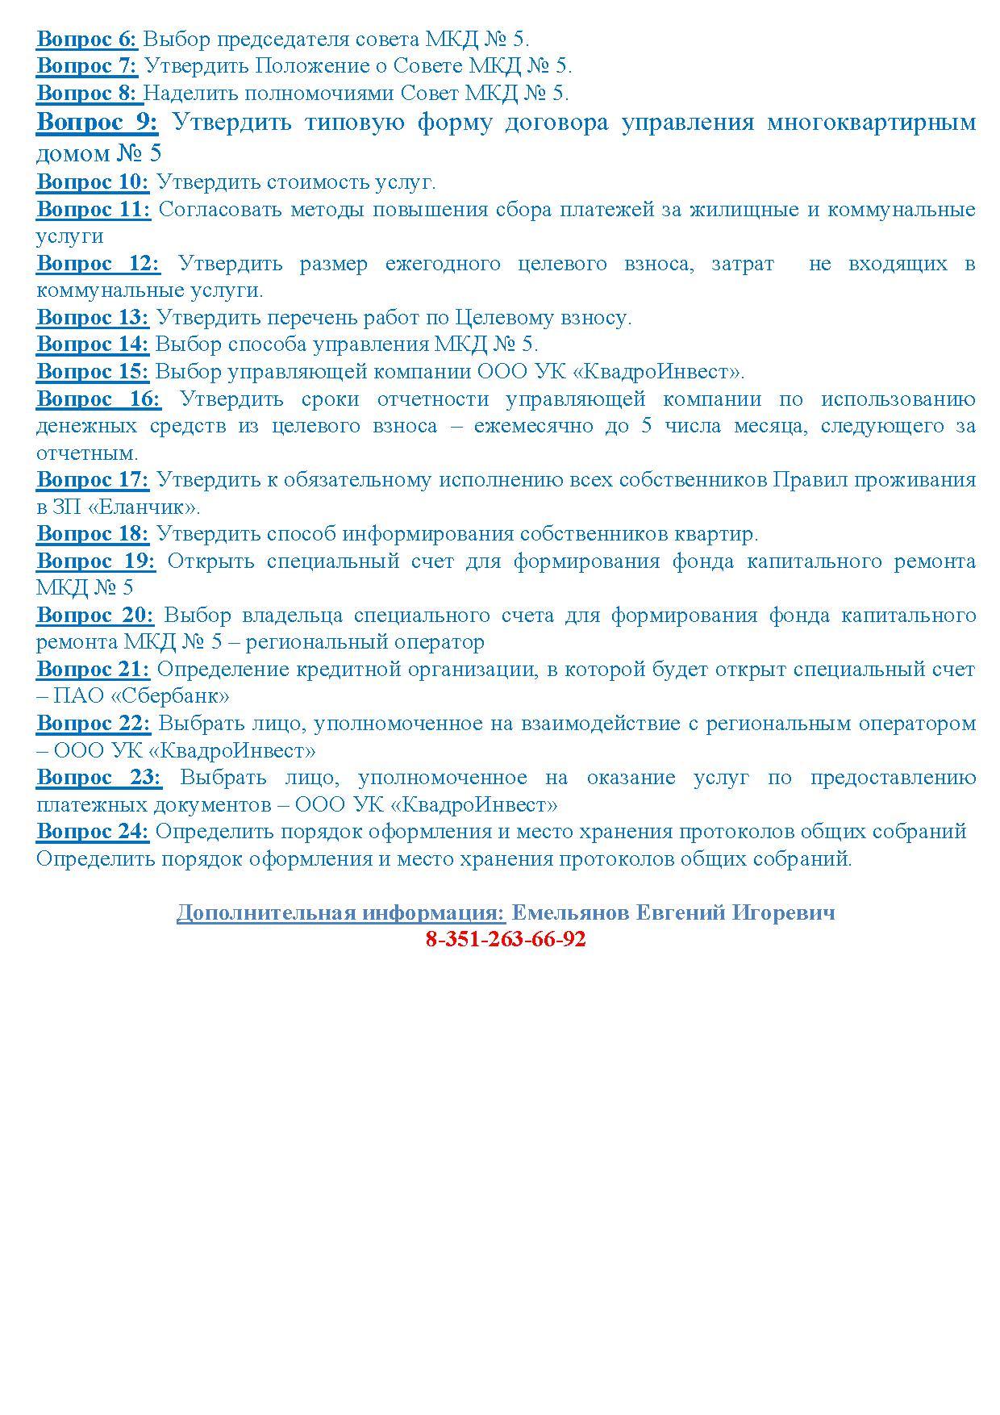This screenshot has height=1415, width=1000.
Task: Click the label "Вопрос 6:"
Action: pyautogui.click(x=87, y=39)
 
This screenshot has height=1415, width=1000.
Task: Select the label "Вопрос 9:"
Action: pyautogui.click(x=98, y=122)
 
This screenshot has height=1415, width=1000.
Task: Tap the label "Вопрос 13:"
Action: pyautogui.click(x=93, y=317)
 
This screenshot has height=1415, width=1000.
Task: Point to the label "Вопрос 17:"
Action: pyautogui.click(x=93, y=480)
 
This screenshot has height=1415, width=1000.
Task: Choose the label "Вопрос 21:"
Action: pyautogui.click(x=93, y=669)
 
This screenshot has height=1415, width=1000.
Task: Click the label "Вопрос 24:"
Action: pyautogui.click(x=93, y=831)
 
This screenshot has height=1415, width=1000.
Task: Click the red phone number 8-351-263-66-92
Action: pyautogui.click(x=505, y=939)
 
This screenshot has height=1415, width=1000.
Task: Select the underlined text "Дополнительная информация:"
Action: pyautogui.click(x=341, y=912)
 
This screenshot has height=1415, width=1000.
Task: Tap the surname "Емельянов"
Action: pyautogui.click(x=571, y=912)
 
